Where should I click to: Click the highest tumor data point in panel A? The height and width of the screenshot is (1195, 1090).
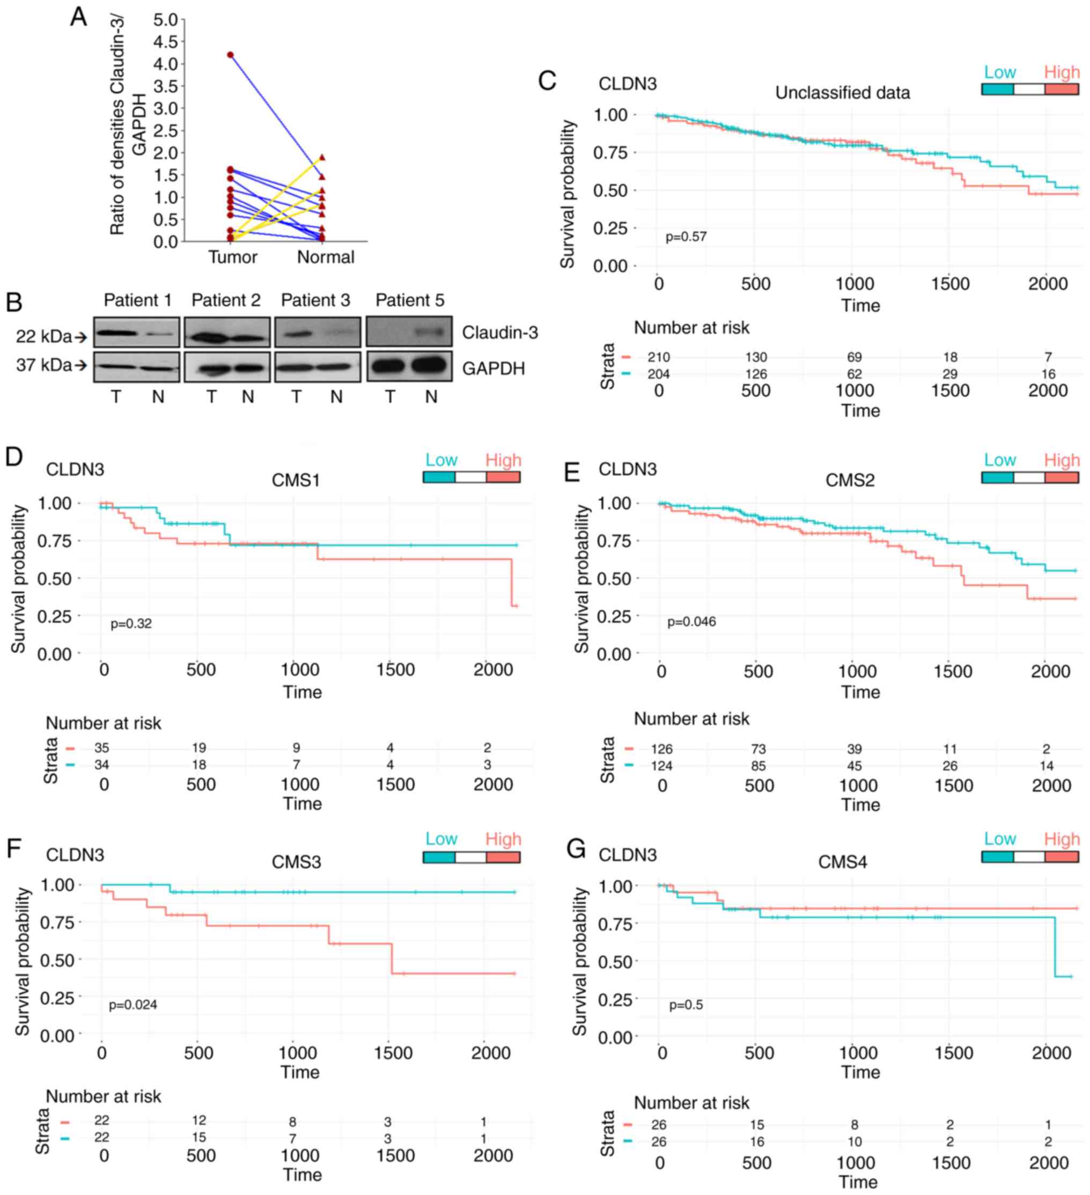click(231, 55)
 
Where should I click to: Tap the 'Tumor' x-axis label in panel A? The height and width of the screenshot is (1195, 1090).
click(232, 257)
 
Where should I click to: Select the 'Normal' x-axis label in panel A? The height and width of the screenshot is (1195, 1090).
click(326, 257)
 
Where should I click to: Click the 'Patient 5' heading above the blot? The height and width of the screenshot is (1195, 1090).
click(410, 300)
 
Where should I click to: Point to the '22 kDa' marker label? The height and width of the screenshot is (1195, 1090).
click(44, 337)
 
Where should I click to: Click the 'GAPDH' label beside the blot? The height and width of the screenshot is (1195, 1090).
click(493, 368)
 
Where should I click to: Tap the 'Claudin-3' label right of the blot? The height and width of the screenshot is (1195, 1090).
click(499, 333)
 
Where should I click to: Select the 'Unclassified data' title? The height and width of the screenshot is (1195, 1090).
click(842, 93)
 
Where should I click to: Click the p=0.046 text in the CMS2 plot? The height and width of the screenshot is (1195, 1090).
click(691, 622)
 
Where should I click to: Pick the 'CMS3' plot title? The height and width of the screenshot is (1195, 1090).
click(296, 862)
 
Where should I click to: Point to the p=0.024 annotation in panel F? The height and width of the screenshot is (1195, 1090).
click(133, 1005)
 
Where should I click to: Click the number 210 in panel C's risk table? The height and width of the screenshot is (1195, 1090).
click(659, 357)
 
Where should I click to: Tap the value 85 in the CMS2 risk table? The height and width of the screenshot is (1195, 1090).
click(758, 766)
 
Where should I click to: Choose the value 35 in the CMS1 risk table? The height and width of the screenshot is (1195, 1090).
click(101, 748)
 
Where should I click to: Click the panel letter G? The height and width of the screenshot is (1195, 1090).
click(576, 849)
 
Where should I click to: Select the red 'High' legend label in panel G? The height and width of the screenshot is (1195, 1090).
click(1062, 839)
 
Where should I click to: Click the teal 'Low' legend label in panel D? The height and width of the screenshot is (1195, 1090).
click(441, 460)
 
